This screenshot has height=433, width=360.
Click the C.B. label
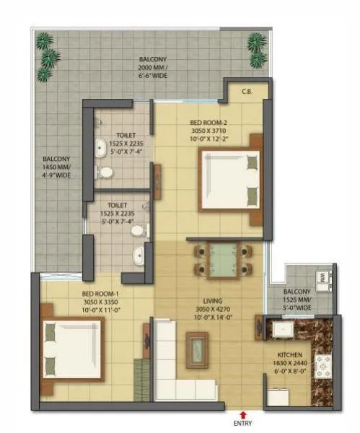click(246, 90)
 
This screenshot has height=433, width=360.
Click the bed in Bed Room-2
click(230, 177)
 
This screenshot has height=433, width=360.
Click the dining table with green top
click(223, 260)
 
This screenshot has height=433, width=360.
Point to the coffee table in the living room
click(196, 349)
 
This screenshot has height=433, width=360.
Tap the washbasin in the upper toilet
click(100, 149)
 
